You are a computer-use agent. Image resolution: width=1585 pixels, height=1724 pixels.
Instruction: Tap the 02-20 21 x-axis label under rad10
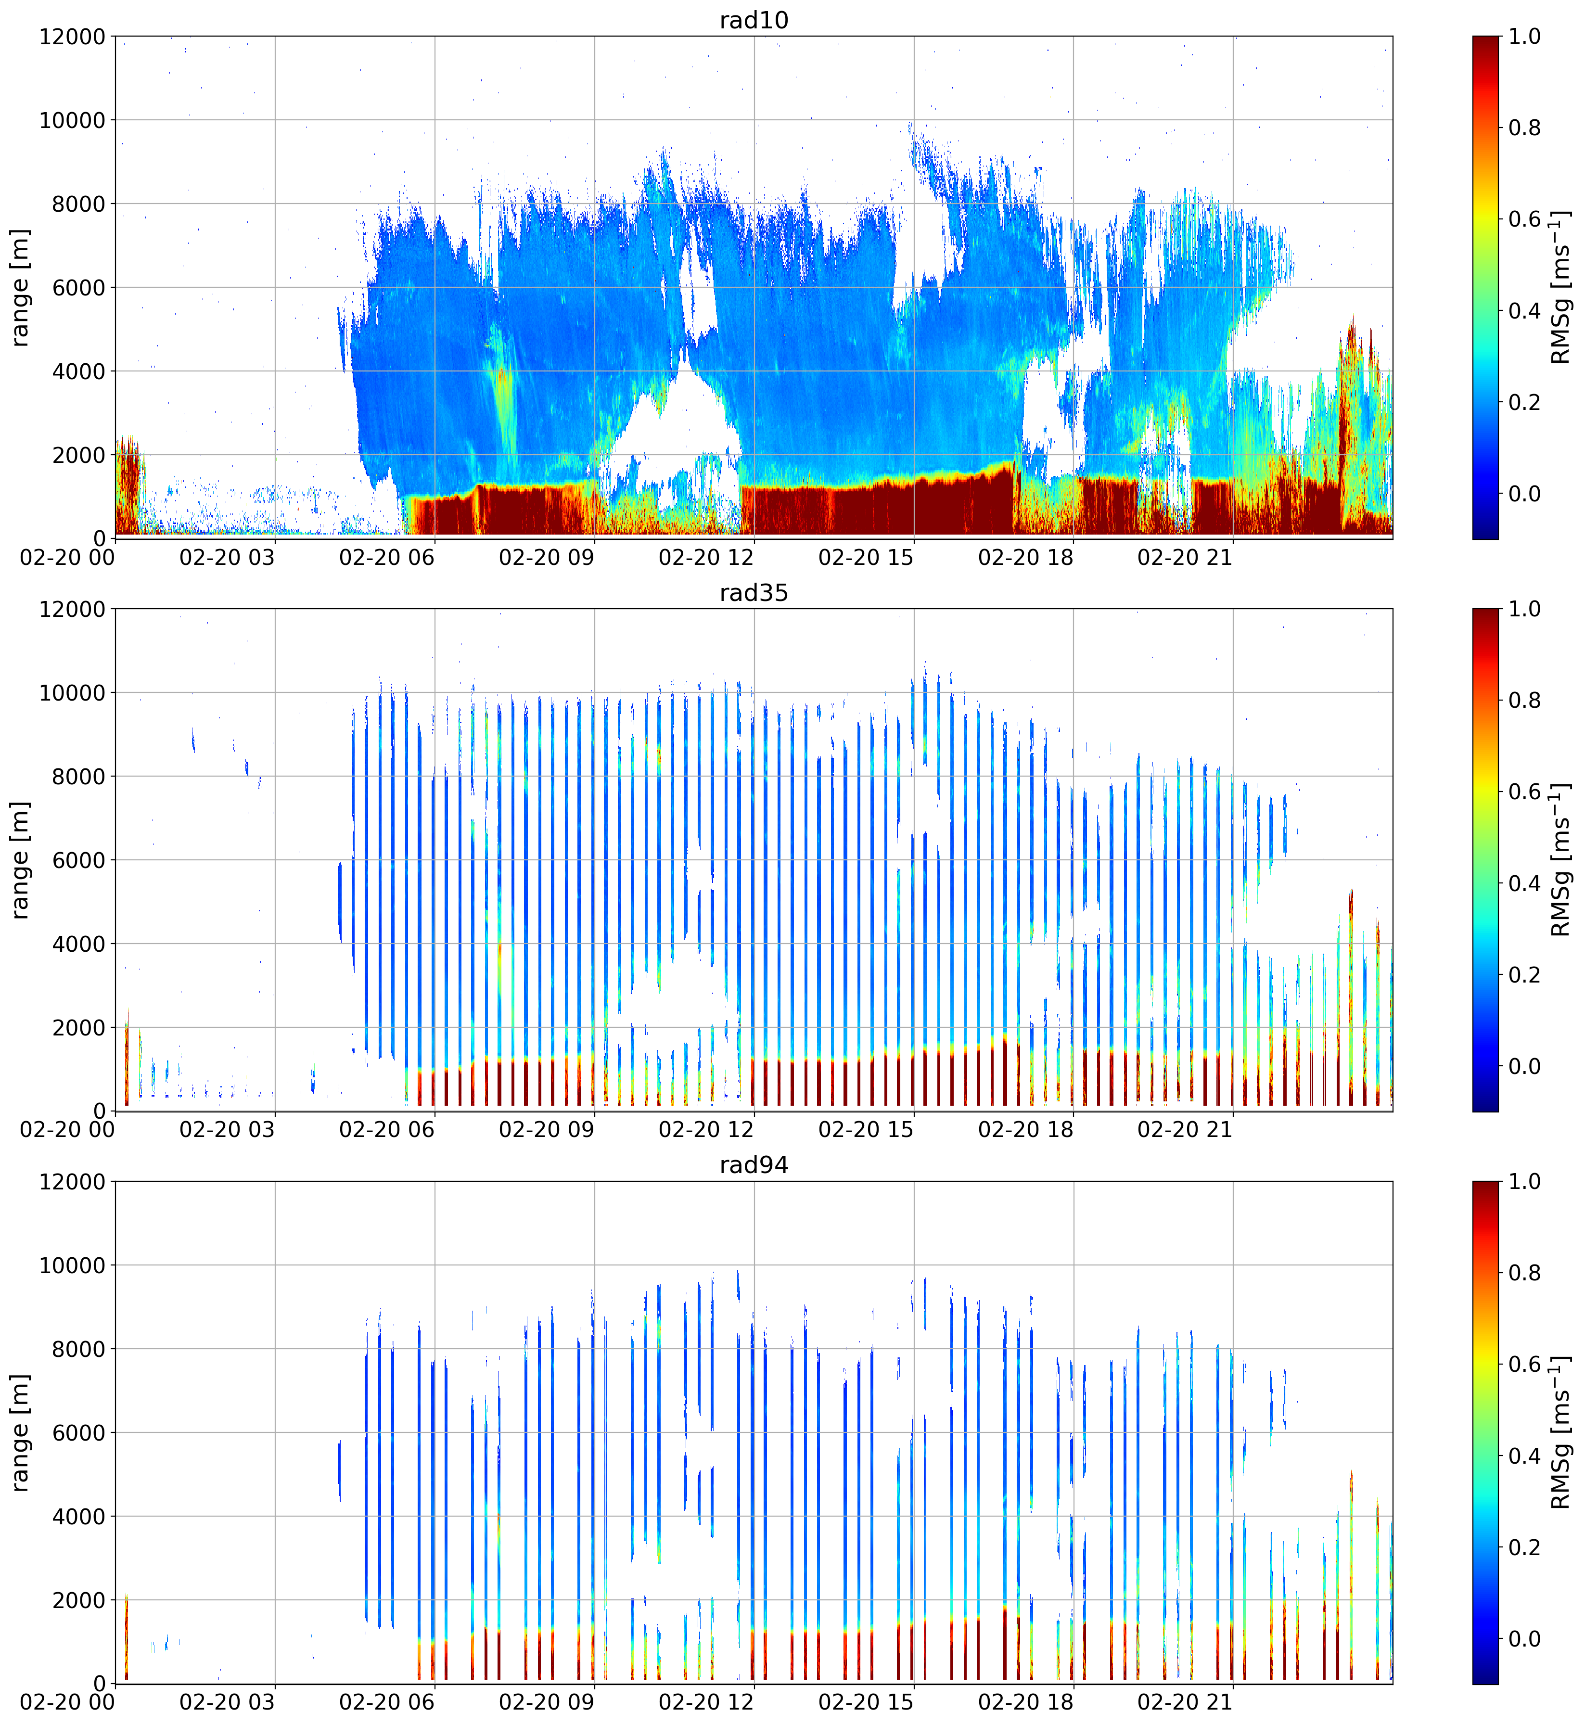pos(1185,558)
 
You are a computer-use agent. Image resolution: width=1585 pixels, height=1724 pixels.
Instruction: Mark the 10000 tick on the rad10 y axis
pos(72,120)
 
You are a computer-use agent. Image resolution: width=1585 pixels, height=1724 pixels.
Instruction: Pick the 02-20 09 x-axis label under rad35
pos(546,1130)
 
